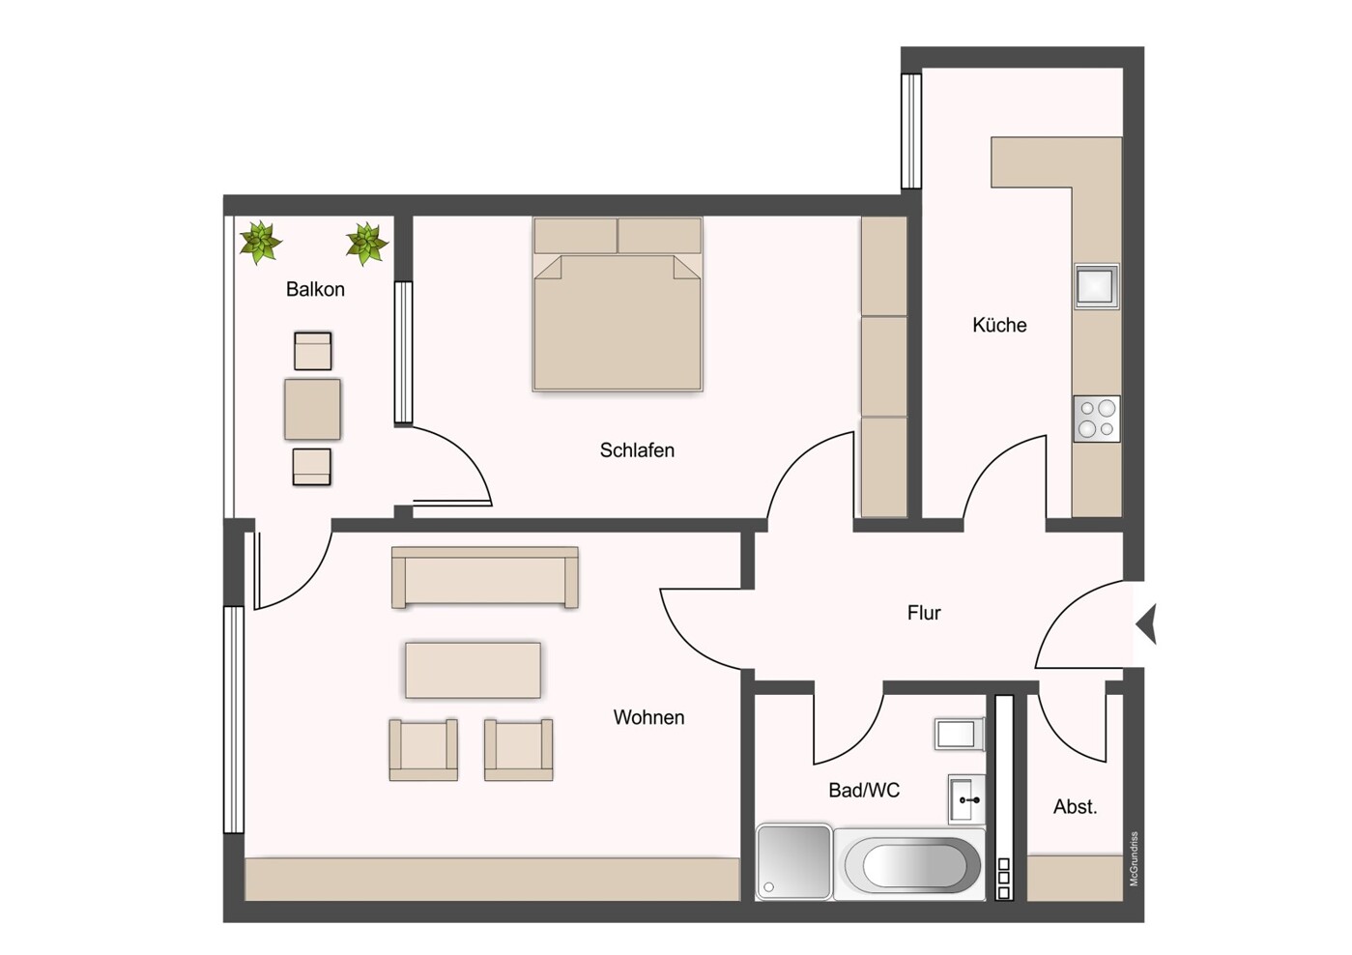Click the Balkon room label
(x=315, y=289)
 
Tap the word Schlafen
(x=637, y=450)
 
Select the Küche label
(x=999, y=326)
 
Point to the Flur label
(x=924, y=613)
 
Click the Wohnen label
(x=648, y=718)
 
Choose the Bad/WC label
(x=864, y=791)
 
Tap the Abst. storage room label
(x=1075, y=807)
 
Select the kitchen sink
(x=1097, y=286)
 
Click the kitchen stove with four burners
(x=1097, y=419)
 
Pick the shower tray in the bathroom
(x=793, y=861)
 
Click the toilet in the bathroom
(x=959, y=734)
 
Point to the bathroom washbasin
(x=966, y=799)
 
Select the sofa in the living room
(x=484, y=577)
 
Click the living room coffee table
(x=473, y=670)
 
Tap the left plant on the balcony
(x=260, y=242)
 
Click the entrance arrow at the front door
(x=1147, y=623)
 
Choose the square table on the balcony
(x=312, y=409)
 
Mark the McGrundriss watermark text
(x=1135, y=858)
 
